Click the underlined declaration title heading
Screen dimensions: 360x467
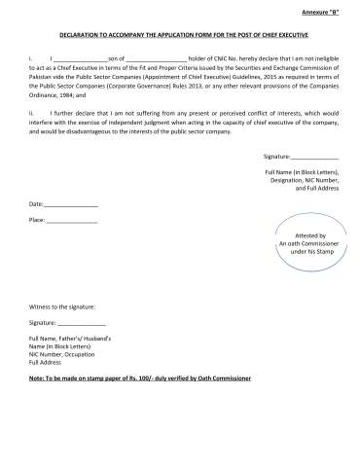pyautogui.click(x=179, y=33)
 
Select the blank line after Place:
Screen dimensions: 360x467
pyautogui.click(x=71, y=221)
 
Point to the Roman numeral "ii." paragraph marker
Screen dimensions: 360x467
pyautogui.click(x=32, y=114)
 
